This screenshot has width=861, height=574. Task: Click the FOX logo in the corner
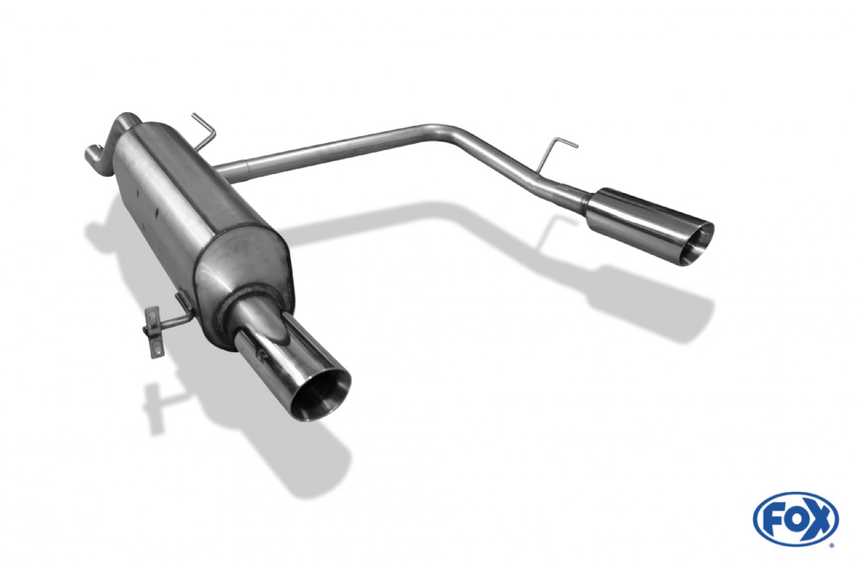click(796, 519)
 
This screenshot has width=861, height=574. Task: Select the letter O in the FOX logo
click(794, 519)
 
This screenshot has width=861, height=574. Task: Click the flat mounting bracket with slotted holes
click(154, 331)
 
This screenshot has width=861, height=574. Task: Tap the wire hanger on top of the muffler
click(205, 130)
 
